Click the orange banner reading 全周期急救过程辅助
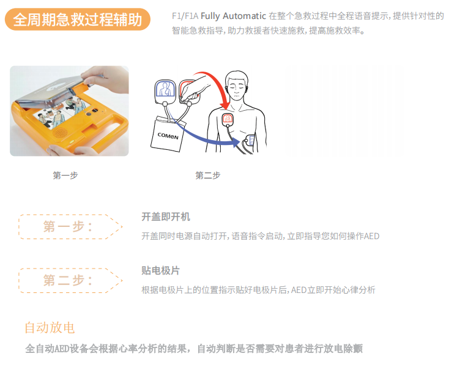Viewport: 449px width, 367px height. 77,20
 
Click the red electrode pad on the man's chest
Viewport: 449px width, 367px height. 228,119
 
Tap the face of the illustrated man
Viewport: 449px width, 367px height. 236,86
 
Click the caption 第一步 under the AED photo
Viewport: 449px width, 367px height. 65,176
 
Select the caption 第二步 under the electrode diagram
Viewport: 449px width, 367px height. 208,176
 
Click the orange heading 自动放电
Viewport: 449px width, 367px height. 50,327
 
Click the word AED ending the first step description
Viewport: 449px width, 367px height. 372,235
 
